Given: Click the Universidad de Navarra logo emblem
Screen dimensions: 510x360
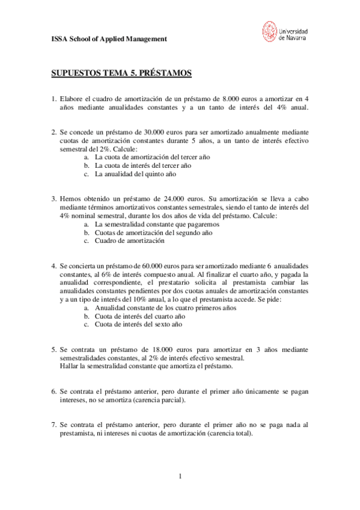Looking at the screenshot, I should click(x=270, y=32).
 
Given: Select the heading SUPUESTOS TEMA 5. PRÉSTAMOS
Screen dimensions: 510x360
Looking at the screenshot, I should click(x=120, y=73).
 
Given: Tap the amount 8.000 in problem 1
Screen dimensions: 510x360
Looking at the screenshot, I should click(x=232, y=99).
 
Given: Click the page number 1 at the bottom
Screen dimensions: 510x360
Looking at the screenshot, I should click(x=180, y=476).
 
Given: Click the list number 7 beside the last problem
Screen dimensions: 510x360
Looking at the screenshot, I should click(x=53, y=424).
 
